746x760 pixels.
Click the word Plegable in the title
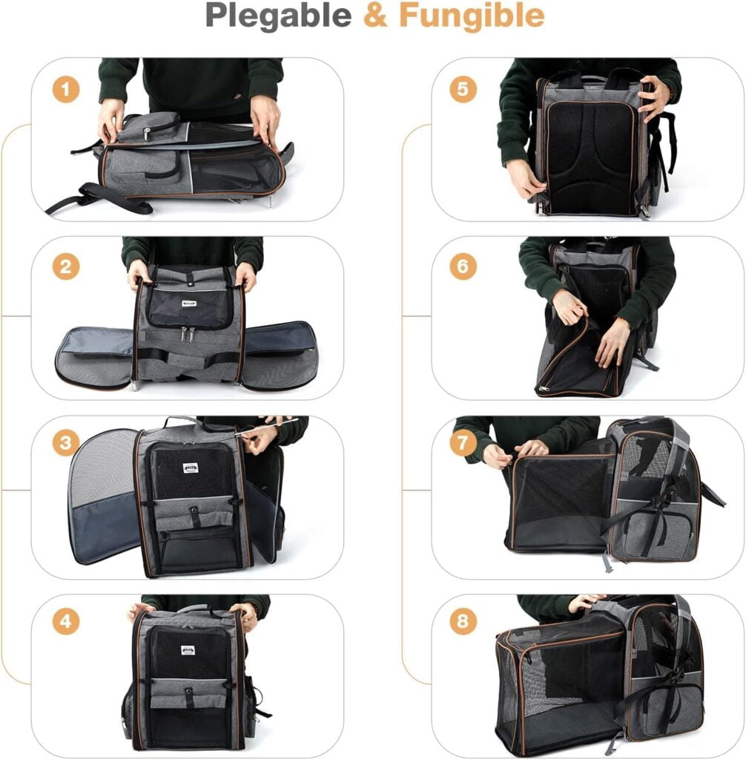point(279,16)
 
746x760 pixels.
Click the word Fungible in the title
point(472,16)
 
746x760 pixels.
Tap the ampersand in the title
point(375,16)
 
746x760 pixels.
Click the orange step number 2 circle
point(65,266)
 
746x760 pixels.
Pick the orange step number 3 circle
point(65,444)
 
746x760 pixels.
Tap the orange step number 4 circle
point(65,621)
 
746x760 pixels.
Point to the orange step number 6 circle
point(463,266)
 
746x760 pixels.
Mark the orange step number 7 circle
point(463,444)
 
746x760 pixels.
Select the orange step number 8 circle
point(463,621)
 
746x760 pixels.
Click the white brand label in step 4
point(188,651)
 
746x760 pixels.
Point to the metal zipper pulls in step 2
point(187,335)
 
